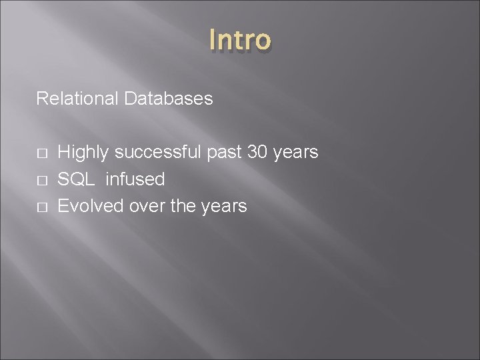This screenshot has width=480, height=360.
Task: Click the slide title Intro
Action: [x=240, y=40]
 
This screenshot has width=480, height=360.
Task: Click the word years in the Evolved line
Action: [x=223, y=206]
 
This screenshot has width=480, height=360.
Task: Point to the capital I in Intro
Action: [x=212, y=40]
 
